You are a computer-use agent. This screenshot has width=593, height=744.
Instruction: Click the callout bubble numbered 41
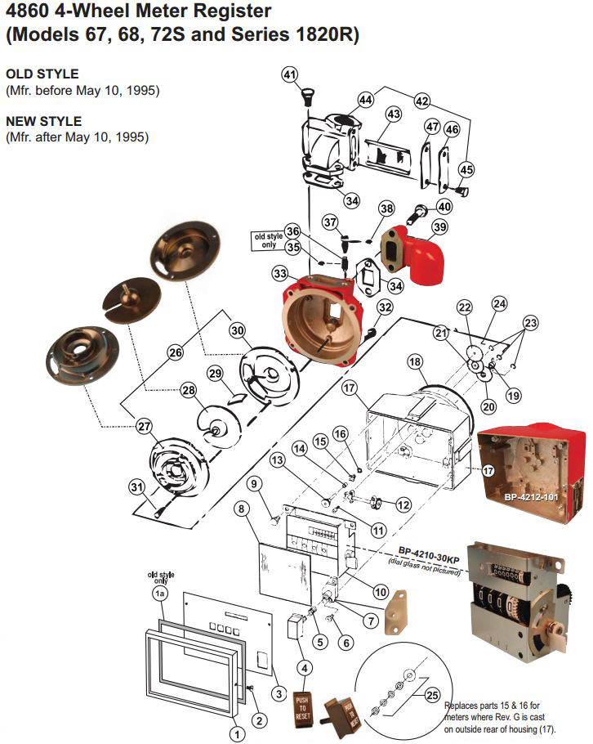point(290,74)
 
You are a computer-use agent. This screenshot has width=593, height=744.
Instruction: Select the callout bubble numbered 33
point(280,273)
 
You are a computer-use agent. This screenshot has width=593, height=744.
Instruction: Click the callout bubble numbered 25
point(432,695)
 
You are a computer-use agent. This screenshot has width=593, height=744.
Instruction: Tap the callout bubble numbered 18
point(414,361)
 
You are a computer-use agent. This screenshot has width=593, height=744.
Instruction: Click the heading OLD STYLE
point(42,74)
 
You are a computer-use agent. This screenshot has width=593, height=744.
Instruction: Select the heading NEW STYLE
point(43,122)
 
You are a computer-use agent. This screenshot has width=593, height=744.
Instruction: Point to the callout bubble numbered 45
point(466,169)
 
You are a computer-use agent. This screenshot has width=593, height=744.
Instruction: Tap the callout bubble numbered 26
point(175,353)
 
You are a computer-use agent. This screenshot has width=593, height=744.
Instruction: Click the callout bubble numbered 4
point(304,668)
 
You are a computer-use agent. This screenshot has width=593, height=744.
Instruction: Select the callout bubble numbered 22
point(465,307)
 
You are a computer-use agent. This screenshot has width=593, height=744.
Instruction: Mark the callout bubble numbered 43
point(393,114)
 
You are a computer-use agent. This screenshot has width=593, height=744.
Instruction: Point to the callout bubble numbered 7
point(371,621)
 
